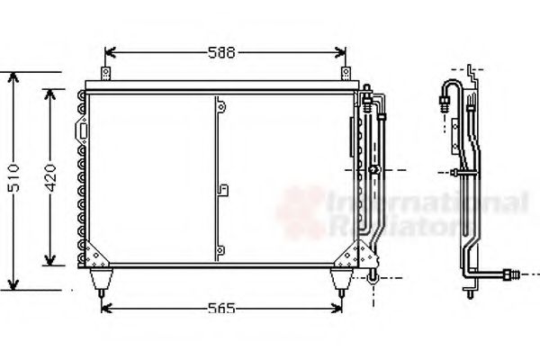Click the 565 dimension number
click(x=220, y=310)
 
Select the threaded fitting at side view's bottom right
click(x=515, y=269)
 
